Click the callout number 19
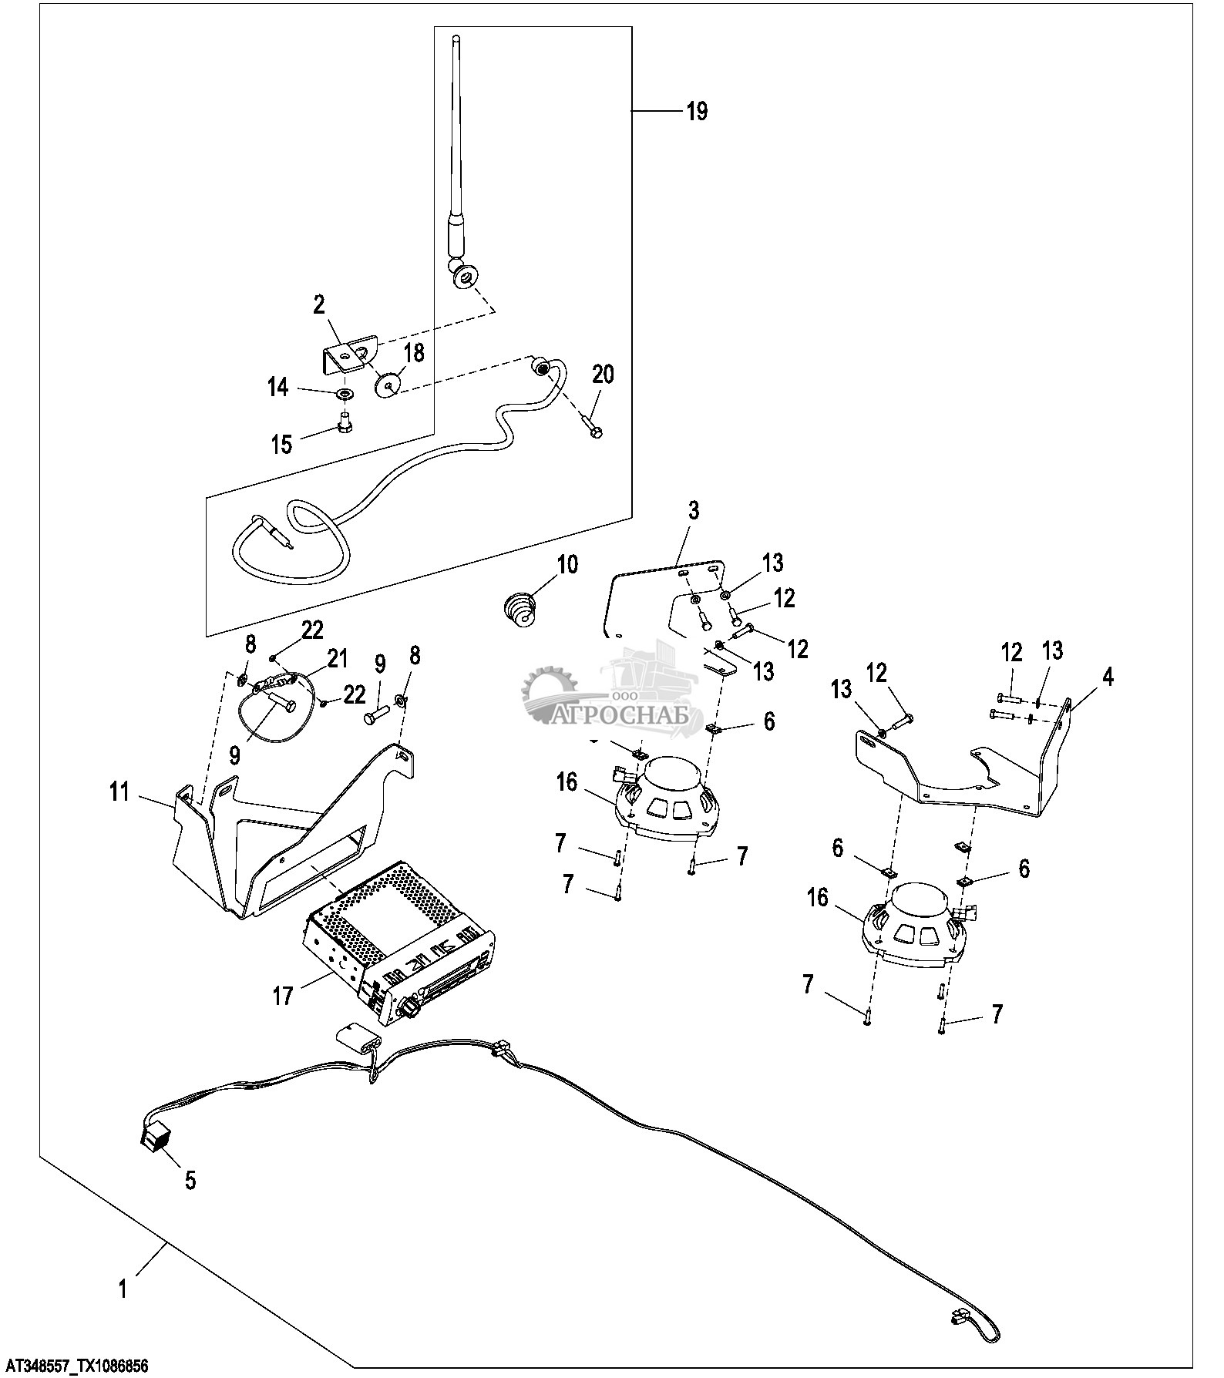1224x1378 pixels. [696, 112]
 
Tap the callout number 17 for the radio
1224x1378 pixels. [283, 997]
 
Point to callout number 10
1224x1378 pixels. [567, 564]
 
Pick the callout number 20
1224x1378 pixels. [604, 375]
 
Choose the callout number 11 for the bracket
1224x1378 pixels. [119, 792]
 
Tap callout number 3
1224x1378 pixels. [694, 511]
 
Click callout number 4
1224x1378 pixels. [1108, 678]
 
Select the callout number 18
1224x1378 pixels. [414, 354]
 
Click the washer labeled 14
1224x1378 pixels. [345, 395]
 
